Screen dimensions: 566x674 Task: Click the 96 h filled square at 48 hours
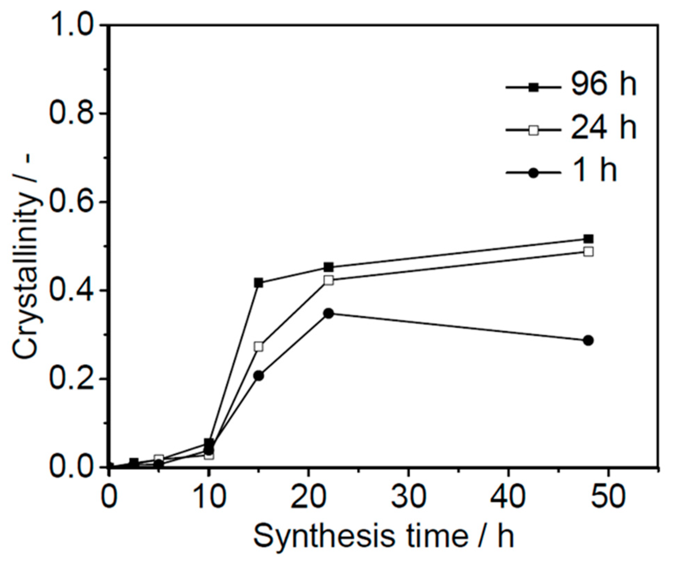click(x=588, y=239)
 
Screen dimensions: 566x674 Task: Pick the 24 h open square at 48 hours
click(x=588, y=252)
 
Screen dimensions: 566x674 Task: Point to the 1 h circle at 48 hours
click(x=588, y=340)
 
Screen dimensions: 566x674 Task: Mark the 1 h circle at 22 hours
click(x=329, y=313)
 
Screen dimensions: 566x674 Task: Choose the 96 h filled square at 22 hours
click(x=329, y=267)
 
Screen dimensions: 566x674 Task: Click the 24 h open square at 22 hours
click(x=329, y=280)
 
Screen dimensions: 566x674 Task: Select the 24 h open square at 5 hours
click(x=158, y=459)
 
